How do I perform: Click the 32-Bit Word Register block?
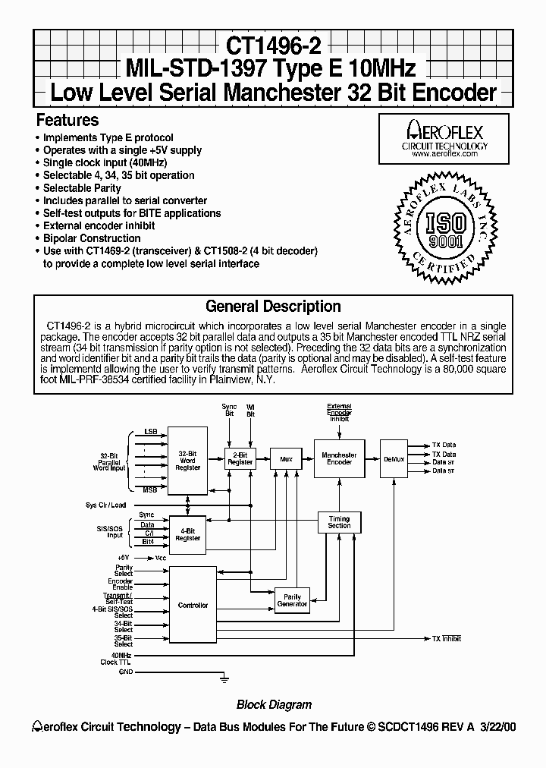(x=188, y=461)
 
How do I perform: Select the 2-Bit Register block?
(x=240, y=458)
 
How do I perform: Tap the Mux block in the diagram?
(x=286, y=458)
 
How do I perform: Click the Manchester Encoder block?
(x=339, y=458)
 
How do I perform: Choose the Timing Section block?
(x=339, y=523)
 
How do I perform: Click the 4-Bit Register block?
(x=188, y=534)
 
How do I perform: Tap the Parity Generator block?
(x=292, y=601)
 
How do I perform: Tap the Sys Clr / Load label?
(x=106, y=505)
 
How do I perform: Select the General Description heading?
(x=273, y=307)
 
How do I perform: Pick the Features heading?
(x=67, y=120)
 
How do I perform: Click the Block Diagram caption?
(x=274, y=704)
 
